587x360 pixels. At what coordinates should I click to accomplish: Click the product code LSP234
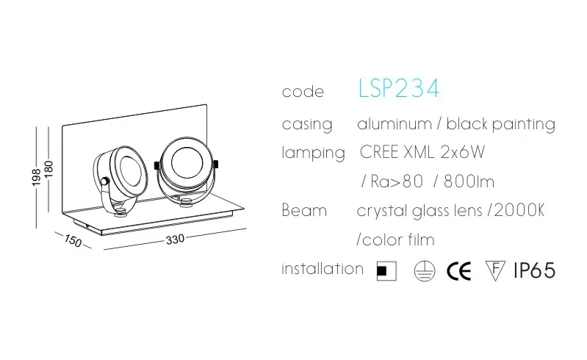tap(399, 89)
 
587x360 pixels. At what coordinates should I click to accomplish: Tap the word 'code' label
tap(303, 93)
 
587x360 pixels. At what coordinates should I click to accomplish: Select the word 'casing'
tap(307, 124)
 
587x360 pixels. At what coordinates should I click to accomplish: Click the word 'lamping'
tap(313, 154)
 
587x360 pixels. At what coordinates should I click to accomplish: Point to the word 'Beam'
tap(304, 210)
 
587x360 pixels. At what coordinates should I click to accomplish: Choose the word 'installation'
tap(323, 268)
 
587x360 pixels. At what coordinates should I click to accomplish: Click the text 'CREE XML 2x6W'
tap(422, 153)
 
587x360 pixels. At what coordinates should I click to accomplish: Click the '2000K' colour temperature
tap(519, 210)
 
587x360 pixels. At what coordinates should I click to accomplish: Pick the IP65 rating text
tap(534, 270)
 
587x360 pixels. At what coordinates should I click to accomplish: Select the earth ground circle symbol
tap(422, 271)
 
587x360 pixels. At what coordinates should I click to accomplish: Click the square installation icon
tap(386, 271)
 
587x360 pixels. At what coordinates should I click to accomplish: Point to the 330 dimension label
tap(174, 240)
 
